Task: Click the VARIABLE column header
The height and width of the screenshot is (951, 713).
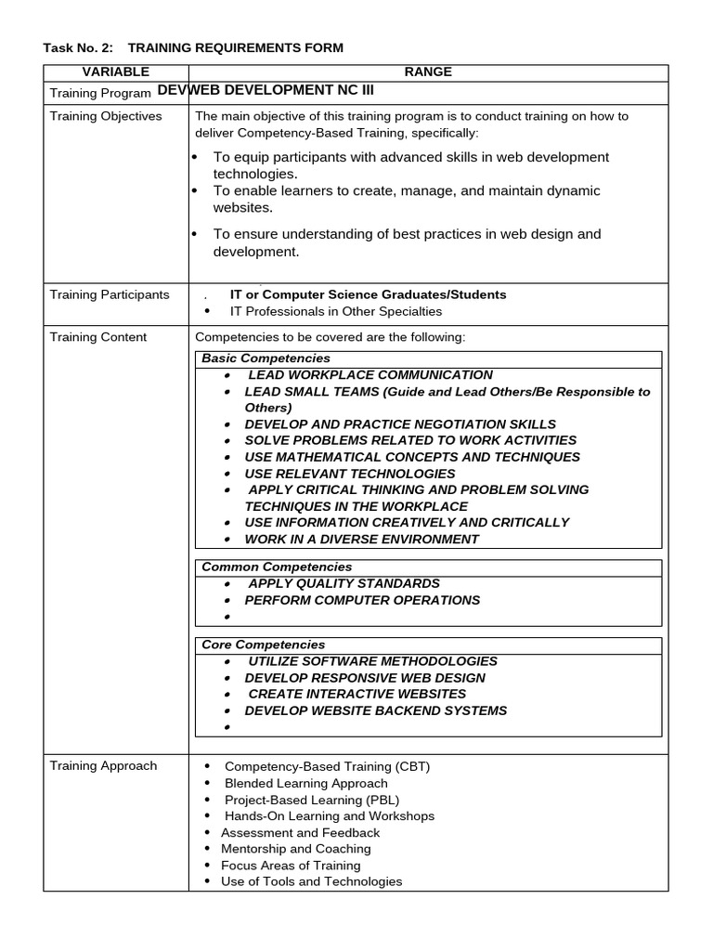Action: coord(115,72)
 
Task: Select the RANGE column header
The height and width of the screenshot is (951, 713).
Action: coord(428,72)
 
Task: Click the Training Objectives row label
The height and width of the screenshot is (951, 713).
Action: coord(106,116)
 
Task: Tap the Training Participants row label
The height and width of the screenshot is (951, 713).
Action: coord(110,294)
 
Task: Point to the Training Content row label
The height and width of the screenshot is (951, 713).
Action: coord(98,337)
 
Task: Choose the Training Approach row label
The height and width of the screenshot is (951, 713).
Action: coord(103,766)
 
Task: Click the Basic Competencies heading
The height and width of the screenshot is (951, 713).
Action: coord(266,358)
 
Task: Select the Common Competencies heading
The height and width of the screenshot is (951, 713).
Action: coord(277,567)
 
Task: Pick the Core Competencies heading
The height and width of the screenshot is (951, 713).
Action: coord(263,645)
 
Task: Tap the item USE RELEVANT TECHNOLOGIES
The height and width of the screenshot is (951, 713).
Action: coord(350,474)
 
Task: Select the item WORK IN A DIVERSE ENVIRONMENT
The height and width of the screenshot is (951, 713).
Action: coord(361,539)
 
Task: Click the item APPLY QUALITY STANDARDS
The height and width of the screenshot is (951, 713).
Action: coord(344,583)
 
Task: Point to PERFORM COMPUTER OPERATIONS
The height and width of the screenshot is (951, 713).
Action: coord(362,600)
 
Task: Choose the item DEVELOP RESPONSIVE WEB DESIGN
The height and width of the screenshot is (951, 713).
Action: coord(364,678)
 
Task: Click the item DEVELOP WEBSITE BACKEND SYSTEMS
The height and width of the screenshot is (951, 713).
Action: coord(375,710)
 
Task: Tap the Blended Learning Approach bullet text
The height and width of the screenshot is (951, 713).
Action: coord(306,783)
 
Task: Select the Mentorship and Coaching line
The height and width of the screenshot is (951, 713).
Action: coord(295,849)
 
